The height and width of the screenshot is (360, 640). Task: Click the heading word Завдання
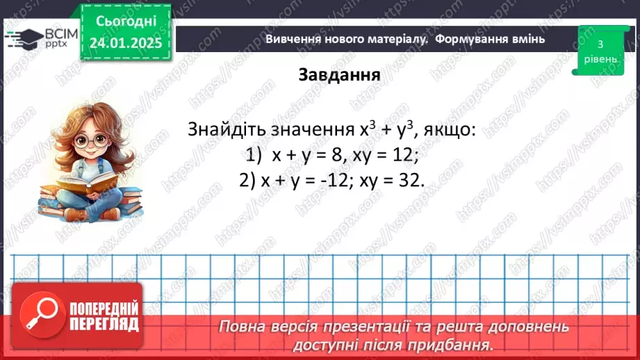339,74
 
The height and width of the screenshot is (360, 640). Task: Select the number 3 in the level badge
599,44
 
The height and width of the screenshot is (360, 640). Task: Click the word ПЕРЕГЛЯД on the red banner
104,323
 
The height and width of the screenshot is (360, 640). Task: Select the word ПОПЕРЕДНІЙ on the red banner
104,308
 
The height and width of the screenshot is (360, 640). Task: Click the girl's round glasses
93,141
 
